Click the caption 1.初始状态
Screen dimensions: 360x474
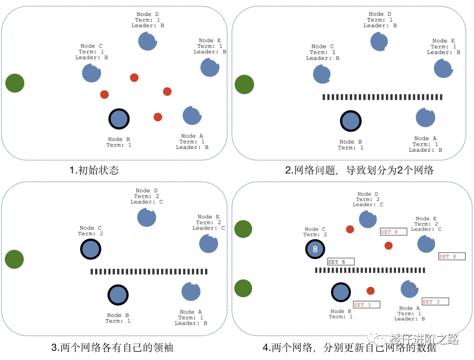[94, 170]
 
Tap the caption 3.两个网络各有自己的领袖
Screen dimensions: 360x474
[112, 347]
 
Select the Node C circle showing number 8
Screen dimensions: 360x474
[315, 249]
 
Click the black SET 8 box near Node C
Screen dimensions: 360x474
[341, 262]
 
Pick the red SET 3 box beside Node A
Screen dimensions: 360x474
[435, 302]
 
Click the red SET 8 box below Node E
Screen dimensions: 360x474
[452, 257]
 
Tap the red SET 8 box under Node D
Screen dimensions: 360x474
[393, 232]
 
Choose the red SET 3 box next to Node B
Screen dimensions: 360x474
[367, 305]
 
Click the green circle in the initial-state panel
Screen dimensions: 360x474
[15, 83]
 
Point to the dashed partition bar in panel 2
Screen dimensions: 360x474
[382, 97]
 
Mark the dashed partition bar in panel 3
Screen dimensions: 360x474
[149, 272]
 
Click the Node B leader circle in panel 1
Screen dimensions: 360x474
[119, 119]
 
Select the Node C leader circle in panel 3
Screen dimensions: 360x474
[90, 249]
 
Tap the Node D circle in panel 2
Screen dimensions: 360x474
[379, 42]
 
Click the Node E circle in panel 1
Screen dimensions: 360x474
[210, 67]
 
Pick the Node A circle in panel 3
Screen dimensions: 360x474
[191, 292]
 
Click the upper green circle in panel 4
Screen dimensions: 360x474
[243, 229]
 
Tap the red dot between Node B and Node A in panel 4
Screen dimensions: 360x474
[370, 291]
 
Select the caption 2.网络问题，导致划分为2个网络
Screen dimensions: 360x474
[359, 170]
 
